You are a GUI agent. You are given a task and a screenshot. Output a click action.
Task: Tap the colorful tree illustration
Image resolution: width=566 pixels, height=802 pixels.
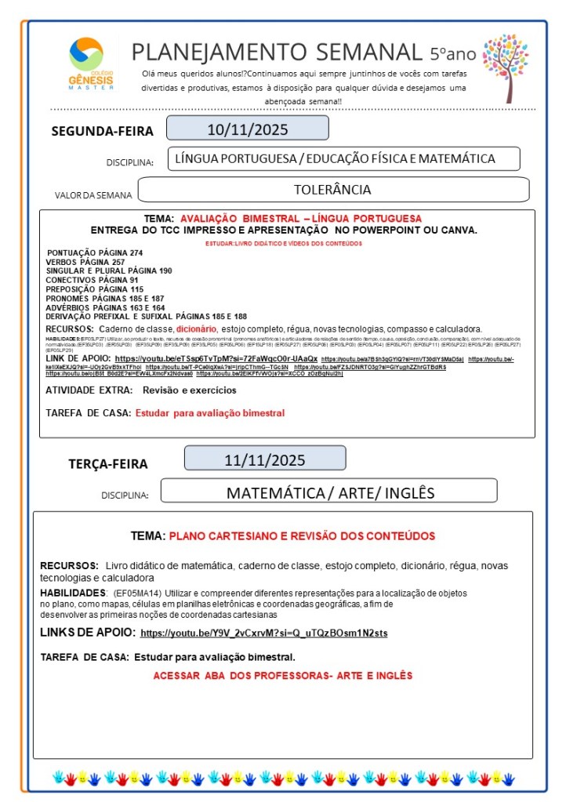[x=505, y=66]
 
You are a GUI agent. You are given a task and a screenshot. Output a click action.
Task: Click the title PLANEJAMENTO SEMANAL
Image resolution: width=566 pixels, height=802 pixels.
[x=276, y=52]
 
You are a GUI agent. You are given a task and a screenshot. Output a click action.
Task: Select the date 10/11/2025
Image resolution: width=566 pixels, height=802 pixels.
[x=247, y=128]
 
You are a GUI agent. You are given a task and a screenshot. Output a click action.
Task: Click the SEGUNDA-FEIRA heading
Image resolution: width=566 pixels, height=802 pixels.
[x=102, y=131]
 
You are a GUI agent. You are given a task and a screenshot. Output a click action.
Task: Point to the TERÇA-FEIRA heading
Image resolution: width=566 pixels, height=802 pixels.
[x=107, y=463]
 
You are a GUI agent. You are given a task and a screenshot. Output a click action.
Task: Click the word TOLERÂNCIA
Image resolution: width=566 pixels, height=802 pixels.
[x=332, y=190]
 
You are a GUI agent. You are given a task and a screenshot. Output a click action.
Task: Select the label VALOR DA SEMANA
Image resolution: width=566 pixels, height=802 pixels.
[x=93, y=194]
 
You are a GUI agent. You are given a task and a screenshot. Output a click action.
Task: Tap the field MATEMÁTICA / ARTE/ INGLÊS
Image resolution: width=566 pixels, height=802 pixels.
[x=329, y=493]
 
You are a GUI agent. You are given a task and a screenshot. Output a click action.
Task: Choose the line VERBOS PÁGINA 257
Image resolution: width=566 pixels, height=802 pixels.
[x=85, y=262]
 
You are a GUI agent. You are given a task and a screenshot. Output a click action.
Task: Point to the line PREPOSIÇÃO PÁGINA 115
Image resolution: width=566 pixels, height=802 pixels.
[x=89, y=289]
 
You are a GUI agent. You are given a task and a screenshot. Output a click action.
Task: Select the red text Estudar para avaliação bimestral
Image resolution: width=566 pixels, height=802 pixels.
[x=209, y=412]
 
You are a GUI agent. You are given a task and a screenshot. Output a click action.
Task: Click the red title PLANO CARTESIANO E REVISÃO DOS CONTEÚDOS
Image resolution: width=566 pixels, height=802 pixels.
[x=301, y=536]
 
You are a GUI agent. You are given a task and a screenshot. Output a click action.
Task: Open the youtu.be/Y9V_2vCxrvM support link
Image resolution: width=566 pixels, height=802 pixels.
[x=264, y=633]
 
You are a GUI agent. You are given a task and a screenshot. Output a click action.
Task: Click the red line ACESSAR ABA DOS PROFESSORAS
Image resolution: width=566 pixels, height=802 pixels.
[x=282, y=675]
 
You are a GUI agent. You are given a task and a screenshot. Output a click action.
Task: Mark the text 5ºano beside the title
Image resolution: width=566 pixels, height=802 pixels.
[x=452, y=53]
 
